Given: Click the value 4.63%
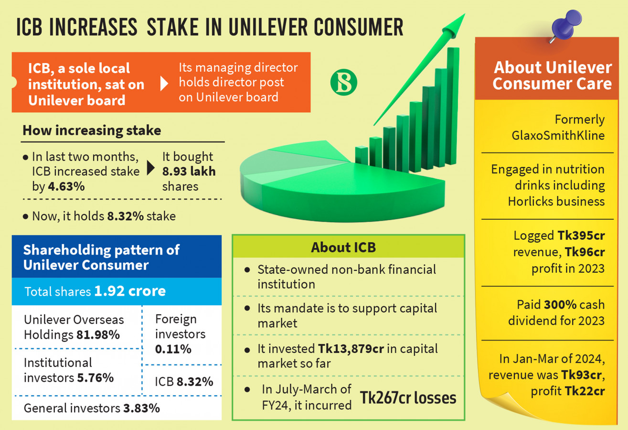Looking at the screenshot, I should pos(66,186).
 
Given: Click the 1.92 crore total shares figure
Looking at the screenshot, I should pos(130,291).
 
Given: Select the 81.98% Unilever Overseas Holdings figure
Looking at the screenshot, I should pos(98,335).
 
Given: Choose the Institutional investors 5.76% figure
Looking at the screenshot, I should pos(96,378).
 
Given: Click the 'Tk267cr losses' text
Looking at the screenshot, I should pos(408,398).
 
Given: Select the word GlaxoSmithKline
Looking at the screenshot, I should pos(558,136).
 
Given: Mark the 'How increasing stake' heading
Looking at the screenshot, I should pos(92,130).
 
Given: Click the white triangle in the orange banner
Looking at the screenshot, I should pos(164,84).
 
